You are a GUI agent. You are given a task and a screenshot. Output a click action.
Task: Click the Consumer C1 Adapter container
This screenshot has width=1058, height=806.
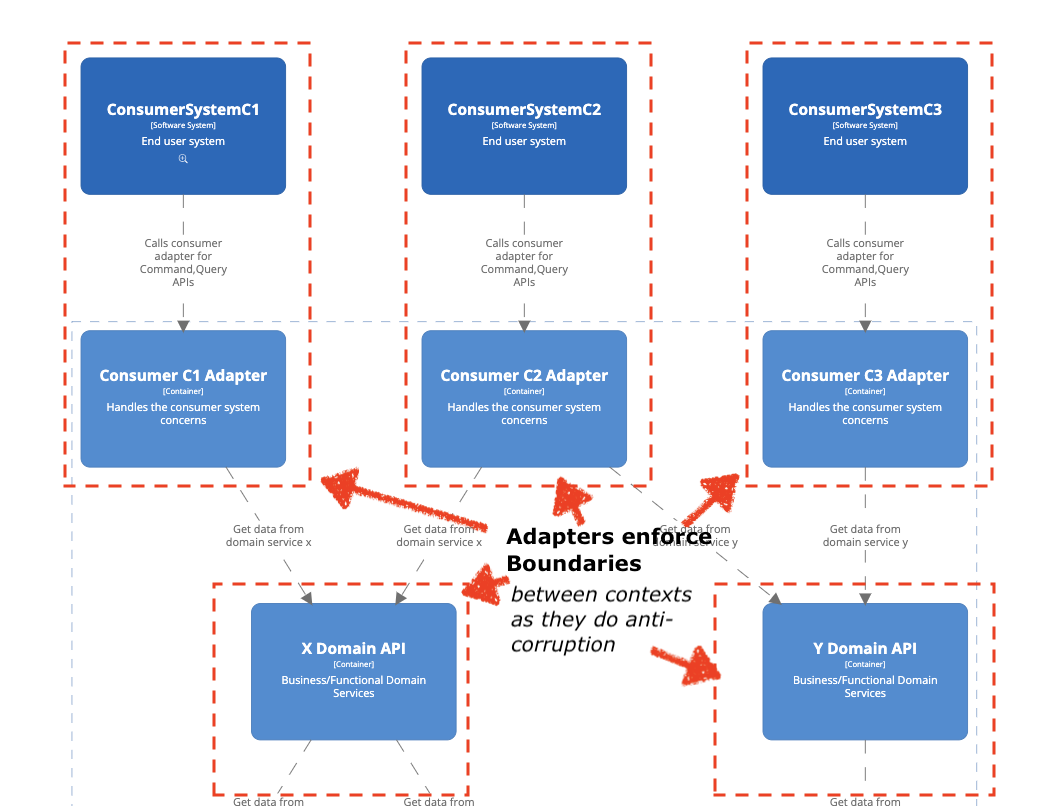[183, 398]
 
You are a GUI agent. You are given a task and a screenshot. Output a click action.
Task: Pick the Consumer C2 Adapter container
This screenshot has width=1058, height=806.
[524, 398]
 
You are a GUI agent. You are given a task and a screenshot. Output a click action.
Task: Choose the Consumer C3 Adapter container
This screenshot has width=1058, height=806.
[865, 398]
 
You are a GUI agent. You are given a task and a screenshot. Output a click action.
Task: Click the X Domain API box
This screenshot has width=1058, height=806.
[353, 671]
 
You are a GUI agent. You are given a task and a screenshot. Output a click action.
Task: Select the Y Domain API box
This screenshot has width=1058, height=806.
[865, 671]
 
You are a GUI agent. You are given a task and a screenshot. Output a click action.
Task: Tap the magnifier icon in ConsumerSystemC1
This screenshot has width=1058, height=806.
[183, 159]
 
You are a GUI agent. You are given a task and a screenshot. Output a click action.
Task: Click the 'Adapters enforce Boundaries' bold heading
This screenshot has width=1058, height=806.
[608, 550]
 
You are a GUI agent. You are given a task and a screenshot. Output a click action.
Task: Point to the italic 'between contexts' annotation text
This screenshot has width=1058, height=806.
[601, 595]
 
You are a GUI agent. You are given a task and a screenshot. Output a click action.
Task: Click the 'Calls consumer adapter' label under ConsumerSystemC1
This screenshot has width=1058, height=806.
[183, 262]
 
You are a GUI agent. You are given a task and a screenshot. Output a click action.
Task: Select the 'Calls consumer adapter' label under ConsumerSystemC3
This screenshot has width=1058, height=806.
[865, 262]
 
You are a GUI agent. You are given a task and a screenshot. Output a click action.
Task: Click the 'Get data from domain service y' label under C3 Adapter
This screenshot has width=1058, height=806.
[865, 536]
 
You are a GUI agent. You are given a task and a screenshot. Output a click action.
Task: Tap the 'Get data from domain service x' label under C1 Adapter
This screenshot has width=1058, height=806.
[268, 536]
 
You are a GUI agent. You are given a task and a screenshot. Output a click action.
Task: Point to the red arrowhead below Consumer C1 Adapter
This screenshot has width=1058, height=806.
[340, 488]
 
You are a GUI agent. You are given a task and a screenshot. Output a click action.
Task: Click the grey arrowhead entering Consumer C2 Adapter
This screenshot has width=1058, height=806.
[524, 325]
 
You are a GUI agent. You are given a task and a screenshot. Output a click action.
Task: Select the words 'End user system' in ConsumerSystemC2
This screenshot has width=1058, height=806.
[524, 142]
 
